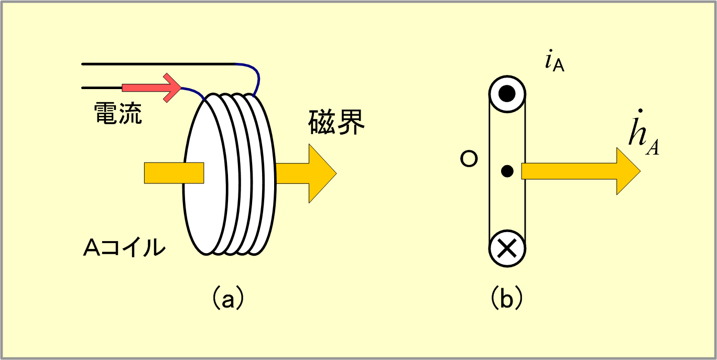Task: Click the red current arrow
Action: point(151,88)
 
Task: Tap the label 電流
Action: point(118,113)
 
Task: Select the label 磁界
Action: point(336,122)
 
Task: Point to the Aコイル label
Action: point(124,247)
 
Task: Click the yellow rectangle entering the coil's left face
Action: point(174,173)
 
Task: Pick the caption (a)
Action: point(227,298)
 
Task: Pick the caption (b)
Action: point(506,298)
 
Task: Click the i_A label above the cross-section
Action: point(555,61)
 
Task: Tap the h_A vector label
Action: point(644,134)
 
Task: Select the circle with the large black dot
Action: point(507,94)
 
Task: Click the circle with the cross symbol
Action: point(507,248)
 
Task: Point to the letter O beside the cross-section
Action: point(469,159)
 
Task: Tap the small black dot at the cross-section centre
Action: point(507,171)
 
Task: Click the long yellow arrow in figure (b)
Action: point(581,171)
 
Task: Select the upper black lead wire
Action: point(159,64)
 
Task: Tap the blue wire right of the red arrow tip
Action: point(193,92)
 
